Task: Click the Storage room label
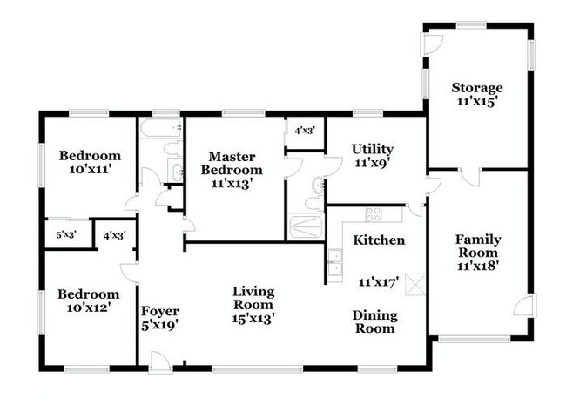(476, 88)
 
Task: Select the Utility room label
(372, 149)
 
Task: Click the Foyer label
(160, 311)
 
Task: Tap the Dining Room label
(374, 321)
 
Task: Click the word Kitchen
(378, 240)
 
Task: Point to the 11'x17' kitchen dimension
(378, 281)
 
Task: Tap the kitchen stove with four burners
(374, 213)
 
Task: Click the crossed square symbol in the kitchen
(416, 282)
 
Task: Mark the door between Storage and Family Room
(470, 176)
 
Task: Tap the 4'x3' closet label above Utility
(304, 131)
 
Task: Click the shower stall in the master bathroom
(305, 228)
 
